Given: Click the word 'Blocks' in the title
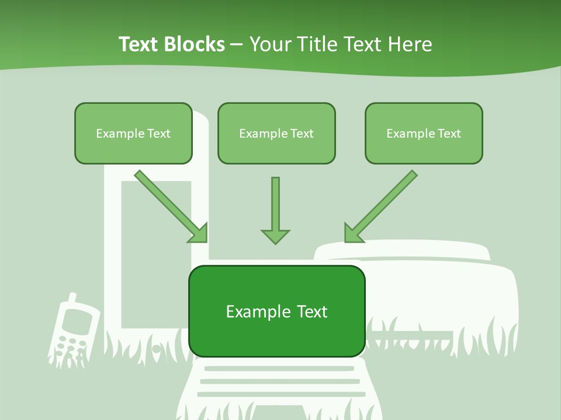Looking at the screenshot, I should [195, 44].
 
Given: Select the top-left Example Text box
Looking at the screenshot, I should [133, 133].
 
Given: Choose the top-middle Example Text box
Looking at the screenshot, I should [276, 133].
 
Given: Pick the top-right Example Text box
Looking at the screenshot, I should [424, 133].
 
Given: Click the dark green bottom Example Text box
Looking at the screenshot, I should [276, 311].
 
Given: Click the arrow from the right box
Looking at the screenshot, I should [383, 204].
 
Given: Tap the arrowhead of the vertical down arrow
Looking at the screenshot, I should [275, 236].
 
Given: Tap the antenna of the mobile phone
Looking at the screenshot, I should [71, 299].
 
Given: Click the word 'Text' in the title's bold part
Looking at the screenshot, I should [138, 44].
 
